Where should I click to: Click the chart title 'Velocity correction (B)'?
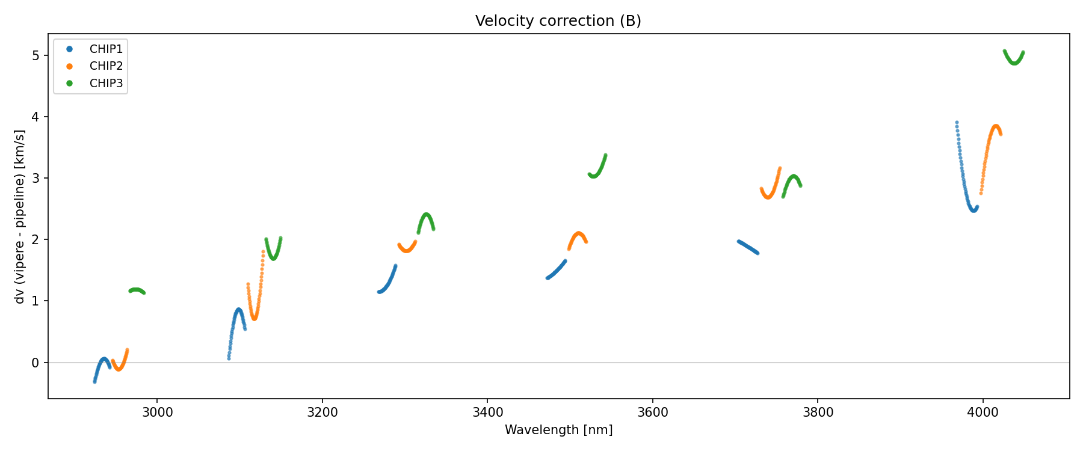(558, 21)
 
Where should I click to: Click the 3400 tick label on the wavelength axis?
(487, 413)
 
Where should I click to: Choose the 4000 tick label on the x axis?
(983, 413)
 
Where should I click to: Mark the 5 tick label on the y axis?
(35, 55)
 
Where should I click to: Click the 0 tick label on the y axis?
(35, 363)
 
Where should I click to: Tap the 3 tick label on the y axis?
(35, 179)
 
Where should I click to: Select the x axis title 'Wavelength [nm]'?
(558, 430)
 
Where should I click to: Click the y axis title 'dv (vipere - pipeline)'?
(20, 216)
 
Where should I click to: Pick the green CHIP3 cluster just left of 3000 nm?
(137, 290)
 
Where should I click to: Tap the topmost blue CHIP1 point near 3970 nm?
(957, 123)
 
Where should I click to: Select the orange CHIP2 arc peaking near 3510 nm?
(578, 235)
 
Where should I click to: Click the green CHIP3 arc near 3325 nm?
(427, 216)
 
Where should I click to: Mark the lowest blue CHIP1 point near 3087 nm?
(229, 358)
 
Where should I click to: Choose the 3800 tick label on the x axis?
(818, 413)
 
